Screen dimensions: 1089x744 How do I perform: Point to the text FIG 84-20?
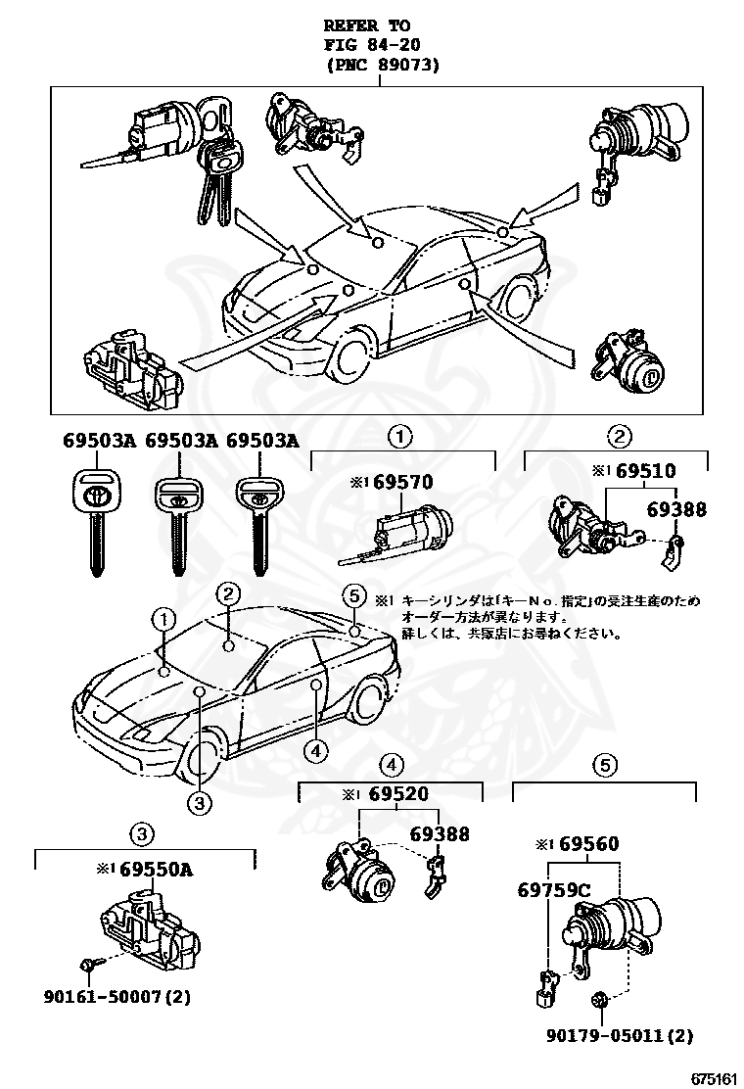pyautogui.click(x=367, y=44)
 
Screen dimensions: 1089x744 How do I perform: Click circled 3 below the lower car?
pyautogui.click(x=199, y=803)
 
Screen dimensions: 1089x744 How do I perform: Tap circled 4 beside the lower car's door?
pyautogui.click(x=314, y=751)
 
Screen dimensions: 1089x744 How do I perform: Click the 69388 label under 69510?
pyautogui.click(x=675, y=510)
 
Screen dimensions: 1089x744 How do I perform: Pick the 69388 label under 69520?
pyautogui.click(x=439, y=834)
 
